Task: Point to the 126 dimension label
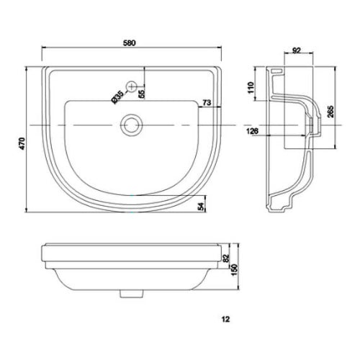point(252,131)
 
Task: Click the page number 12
point(227,317)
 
